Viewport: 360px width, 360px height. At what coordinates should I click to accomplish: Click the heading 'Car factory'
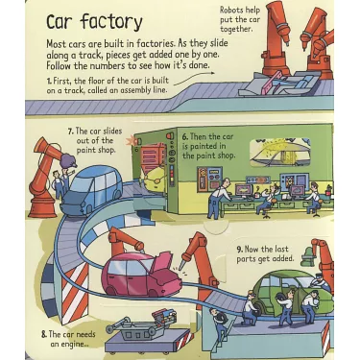click(93, 22)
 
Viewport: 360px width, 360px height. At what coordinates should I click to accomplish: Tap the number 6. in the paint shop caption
click(185, 136)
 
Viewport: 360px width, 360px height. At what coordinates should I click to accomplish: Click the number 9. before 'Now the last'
click(240, 250)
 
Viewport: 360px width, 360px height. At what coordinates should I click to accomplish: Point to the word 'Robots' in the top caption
click(231, 11)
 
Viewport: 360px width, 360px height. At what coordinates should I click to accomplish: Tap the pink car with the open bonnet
click(141, 275)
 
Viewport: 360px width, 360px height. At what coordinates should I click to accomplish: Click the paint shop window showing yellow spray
click(280, 153)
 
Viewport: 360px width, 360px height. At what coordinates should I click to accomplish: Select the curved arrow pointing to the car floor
click(194, 78)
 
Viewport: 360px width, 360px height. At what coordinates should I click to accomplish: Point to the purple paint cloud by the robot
click(68, 160)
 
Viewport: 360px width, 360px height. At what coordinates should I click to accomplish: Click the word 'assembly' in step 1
click(136, 90)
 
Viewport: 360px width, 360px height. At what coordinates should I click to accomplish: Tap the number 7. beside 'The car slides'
click(70, 131)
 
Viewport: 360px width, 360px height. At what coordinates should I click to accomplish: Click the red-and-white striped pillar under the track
click(74, 292)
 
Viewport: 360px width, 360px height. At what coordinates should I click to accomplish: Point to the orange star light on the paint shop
click(131, 141)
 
